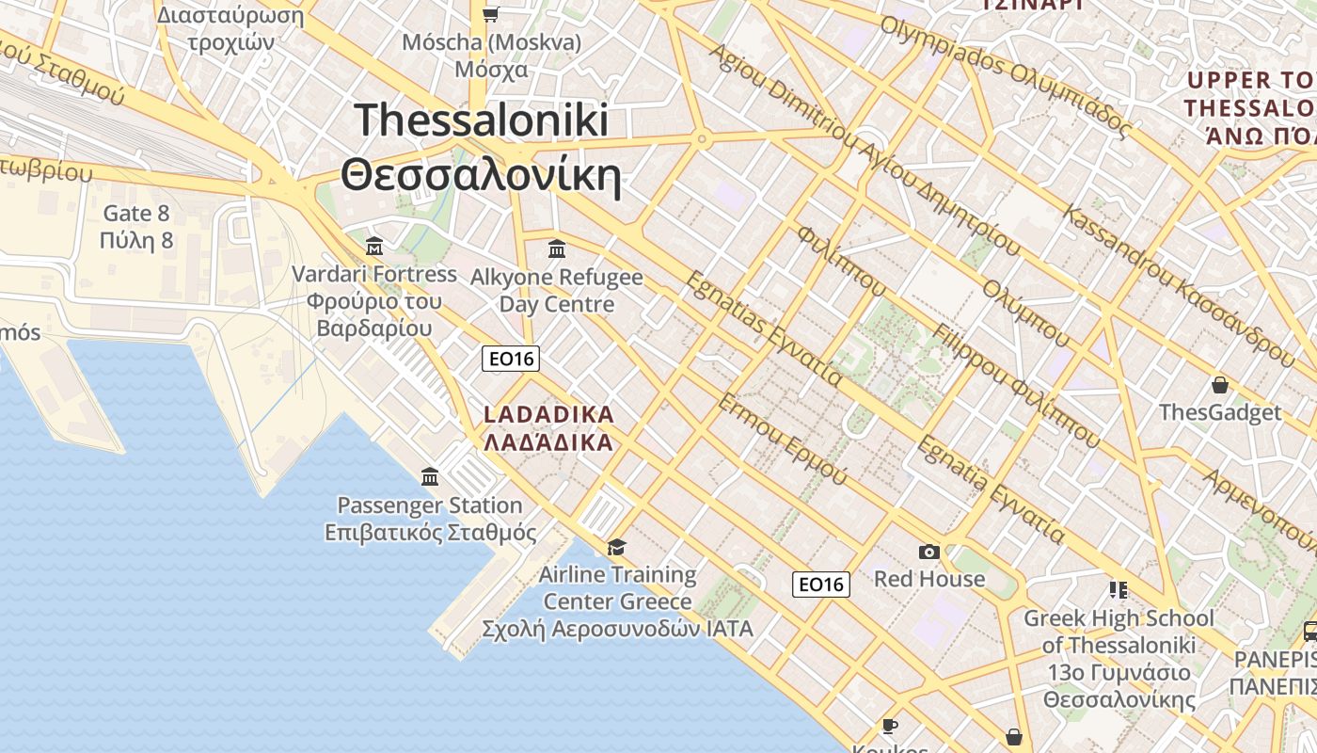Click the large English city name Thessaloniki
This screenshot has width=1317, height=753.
(x=482, y=121)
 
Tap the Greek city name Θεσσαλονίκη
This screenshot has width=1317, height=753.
(x=482, y=175)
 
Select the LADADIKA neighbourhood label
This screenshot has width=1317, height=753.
(x=548, y=414)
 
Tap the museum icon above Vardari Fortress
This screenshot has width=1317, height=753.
(x=374, y=248)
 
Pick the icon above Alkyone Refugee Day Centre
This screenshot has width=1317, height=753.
(x=557, y=249)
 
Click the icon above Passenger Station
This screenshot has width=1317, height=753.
(x=430, y=477)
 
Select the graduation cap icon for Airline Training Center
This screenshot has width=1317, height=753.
(x=617, y=547)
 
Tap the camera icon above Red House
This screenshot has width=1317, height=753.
(x=929, y=552)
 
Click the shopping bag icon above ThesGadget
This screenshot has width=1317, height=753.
(x=1220, y=385)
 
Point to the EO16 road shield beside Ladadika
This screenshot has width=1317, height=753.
(x=511, y=359)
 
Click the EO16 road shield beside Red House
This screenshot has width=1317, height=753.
(x=821, y=585)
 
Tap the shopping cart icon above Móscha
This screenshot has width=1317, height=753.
(x=490, y=14)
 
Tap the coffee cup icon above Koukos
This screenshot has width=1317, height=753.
(x=889, y=726)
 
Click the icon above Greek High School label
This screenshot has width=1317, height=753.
(x=1118, y=590)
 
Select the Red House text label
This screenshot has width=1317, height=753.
(x=929, y=579)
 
